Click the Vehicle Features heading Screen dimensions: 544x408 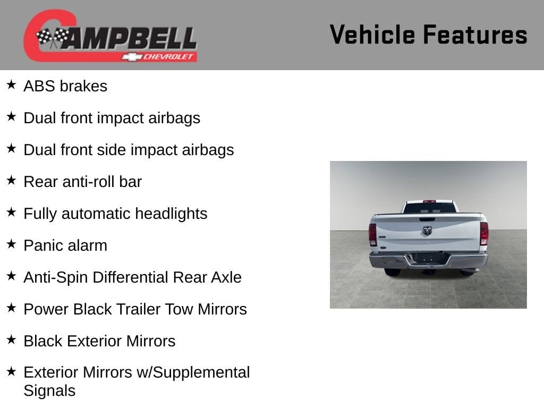(x=428, y=35)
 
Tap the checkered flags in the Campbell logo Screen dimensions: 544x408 (x=52, y=38)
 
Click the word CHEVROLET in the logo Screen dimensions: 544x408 (x=168, y=56)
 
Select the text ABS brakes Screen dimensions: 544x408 (x=65, y=86)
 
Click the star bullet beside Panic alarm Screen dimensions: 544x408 (x=12, y=244)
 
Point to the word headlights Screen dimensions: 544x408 (x=171, y=214)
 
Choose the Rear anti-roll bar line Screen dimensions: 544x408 (x=82, y=182)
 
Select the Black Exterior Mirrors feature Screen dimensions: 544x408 (x=99, y=341)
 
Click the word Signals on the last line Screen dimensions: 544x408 (x=49, y=391)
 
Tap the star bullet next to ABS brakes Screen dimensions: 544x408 (x=12, y=84)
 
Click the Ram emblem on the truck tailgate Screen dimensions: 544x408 (x=427, y=231)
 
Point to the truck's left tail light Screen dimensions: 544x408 (x=372, y=235)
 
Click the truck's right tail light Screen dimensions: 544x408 (x=484, y=234)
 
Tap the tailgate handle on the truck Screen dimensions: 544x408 (x=427, y=219)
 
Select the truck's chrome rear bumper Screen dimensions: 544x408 (x=428, y=260)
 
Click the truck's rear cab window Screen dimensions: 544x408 (x=430, y=208)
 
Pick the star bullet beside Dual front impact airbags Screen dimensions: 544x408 (x=12, y=116)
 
